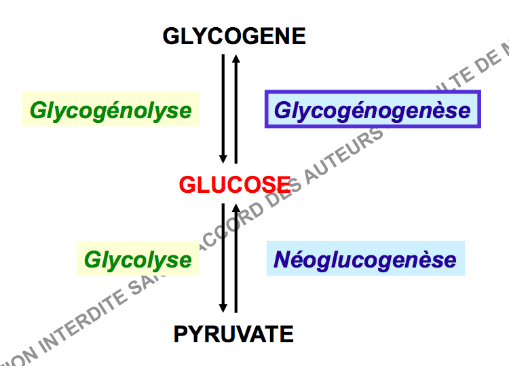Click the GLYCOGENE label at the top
pos(234,36)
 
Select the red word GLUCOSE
pos(234,184)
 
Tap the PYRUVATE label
pos(234,333)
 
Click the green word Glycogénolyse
pos(111,110)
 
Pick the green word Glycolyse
pos(138,259)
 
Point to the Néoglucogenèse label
pos(365,259)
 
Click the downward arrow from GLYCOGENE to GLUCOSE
pos(223,109)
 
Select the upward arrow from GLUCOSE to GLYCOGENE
pos(235,109)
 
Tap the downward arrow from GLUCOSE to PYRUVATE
pos(223,258)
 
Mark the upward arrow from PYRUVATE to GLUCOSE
pos(235,258)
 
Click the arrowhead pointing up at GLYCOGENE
pos(235,59)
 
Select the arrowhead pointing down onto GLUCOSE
pos(223,159)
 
